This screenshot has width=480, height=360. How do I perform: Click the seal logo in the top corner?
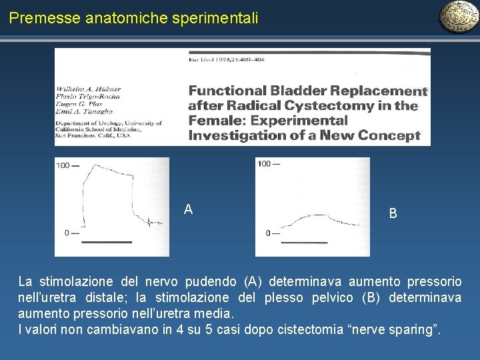click(458, 17)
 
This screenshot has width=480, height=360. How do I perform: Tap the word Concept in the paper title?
click(389, 135)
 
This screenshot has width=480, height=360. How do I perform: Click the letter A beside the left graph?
click(189, 210)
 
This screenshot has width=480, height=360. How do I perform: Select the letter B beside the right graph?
click(393, 213)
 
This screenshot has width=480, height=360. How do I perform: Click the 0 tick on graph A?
click(67, 233)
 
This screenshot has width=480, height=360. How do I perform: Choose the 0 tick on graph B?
click(269, 233)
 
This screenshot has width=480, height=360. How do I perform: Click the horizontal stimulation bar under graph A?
click(111, 241)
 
